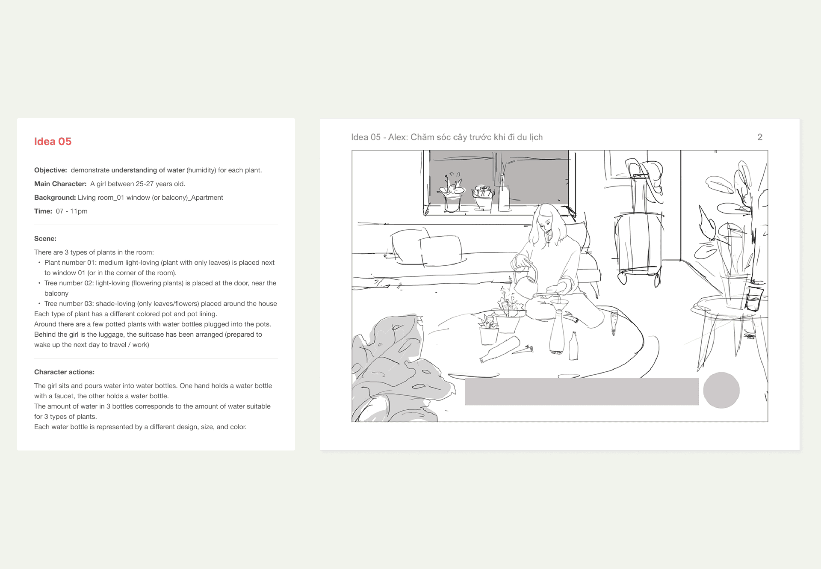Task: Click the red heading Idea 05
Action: coord(53,142)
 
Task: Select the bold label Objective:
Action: coord(50,170)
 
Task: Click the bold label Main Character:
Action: coord(60,184)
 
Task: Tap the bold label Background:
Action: coord(55,198)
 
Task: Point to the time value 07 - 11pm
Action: coord(72,211)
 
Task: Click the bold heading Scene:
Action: coord(45,239)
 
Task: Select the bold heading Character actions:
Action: coord(64,372)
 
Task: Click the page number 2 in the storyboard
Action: coord(760,137)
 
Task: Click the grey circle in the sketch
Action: coord(721,390)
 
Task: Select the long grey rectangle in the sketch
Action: coord(582,391)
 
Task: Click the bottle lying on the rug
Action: coord(500,350)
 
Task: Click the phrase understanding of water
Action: coord(148,170)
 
